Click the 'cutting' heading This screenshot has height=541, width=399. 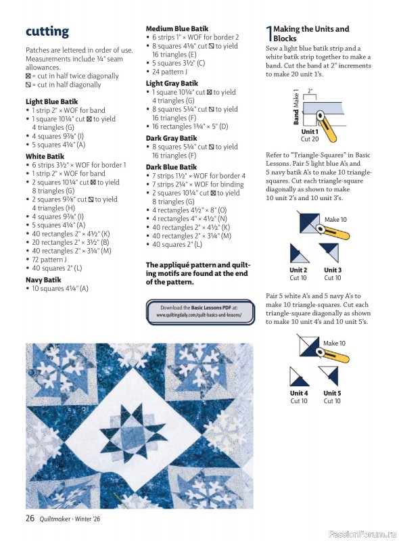(47, 32)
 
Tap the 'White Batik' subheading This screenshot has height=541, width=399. (45, 156)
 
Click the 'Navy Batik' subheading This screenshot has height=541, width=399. (43, 279)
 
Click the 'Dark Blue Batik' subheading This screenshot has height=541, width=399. (171, 166)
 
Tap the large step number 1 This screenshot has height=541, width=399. (268, 33)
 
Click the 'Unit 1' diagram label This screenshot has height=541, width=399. (310, 131)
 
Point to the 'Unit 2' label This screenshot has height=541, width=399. (298, 270)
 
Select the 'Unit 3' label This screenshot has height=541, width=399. (332, 270)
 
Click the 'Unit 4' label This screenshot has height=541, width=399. (299, 393)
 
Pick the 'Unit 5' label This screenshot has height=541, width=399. (332, 393)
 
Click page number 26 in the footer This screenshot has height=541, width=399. (30, 518)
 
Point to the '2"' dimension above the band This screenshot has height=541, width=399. (310, 90)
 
